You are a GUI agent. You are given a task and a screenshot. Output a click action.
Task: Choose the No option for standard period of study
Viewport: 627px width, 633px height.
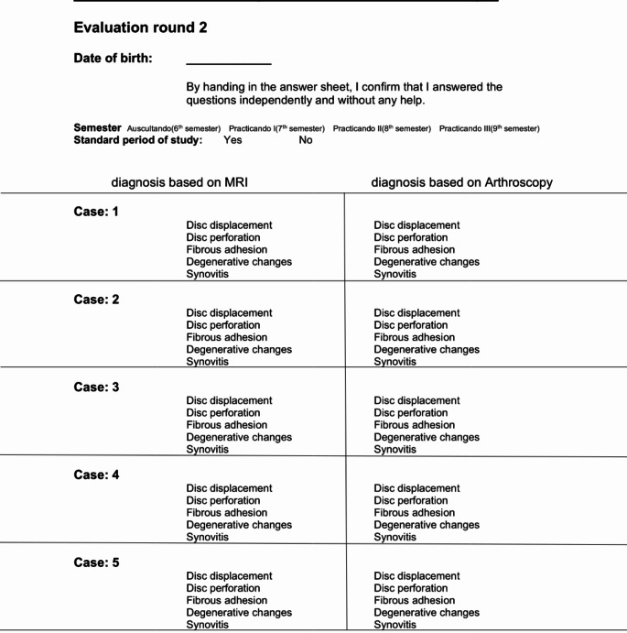click(x=305, y=140)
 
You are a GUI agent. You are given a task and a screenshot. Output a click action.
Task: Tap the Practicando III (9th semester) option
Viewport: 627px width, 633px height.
click(x=489, y=128)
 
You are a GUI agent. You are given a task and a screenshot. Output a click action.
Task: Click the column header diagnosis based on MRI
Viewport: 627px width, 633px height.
click(x=179, y=183)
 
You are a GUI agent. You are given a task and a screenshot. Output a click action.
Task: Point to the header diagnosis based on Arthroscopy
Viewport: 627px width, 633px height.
click(x=461, y=183)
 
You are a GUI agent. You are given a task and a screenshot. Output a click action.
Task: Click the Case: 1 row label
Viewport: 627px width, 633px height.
click(x=96, y=212)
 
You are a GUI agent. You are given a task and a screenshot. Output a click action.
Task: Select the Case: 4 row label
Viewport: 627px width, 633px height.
click(x=96, y=475)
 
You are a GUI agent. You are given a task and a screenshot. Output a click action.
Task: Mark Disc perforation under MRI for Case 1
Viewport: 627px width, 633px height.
click(x=222, y=237)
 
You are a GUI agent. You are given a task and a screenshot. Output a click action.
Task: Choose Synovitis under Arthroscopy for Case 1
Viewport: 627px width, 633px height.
click(x=395, y=274)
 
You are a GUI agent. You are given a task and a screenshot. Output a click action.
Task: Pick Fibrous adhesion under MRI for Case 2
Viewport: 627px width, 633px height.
click(x=226, y=337)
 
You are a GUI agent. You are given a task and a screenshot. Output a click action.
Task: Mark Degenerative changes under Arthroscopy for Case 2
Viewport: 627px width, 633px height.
click(x=426, y=349)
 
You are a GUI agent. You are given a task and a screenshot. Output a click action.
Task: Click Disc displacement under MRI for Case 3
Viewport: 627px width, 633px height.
click(x=229, y=400)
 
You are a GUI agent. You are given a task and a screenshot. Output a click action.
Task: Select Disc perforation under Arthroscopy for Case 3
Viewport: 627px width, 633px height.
click(x=410, y=412)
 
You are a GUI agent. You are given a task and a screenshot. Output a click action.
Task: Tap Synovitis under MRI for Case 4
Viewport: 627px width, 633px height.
click(x=207, y=538)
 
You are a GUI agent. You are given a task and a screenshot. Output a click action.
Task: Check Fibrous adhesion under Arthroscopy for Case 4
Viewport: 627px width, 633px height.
click(x=414, y=513)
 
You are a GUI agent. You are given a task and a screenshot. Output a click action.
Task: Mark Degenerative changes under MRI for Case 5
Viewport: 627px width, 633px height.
click(x=238, y=613)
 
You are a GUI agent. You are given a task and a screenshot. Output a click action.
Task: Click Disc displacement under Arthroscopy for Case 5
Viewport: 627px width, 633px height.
click(x=416, y=576)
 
